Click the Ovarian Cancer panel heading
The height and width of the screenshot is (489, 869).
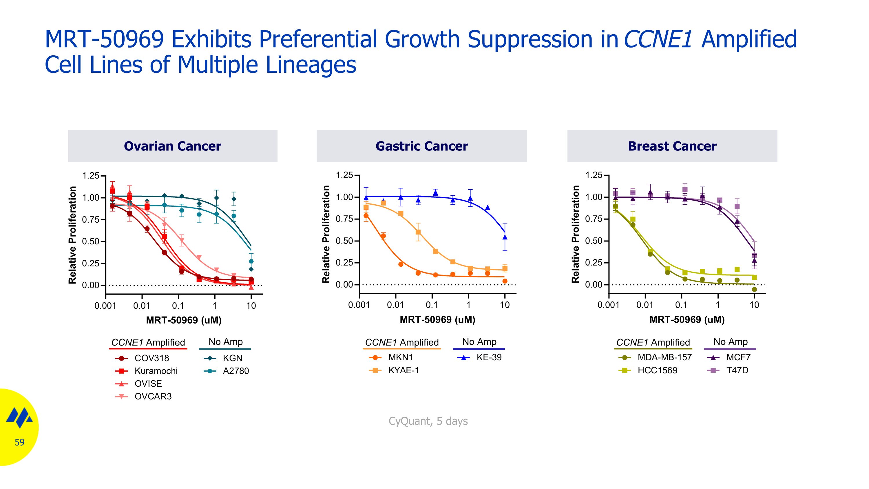(x=172, y=146)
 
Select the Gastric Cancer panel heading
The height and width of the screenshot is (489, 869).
(x=422, y=146)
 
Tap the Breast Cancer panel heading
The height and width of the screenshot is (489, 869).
(x=672, y=146)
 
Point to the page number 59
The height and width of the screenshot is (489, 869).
(x=20, y=442)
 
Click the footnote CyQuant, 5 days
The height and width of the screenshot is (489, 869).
(x=428, y=421)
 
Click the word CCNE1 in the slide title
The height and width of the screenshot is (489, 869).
(x=658, y=39)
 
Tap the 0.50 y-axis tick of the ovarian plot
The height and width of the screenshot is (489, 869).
(x=90, y=242)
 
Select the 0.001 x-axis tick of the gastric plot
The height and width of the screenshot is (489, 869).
(x=359, y=305)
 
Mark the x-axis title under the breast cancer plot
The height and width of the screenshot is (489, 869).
(x=687, y=320)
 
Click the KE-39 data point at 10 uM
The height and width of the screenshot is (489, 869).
(x=505, y=237)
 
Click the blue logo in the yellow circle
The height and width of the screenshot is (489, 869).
(x=19, y=417)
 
